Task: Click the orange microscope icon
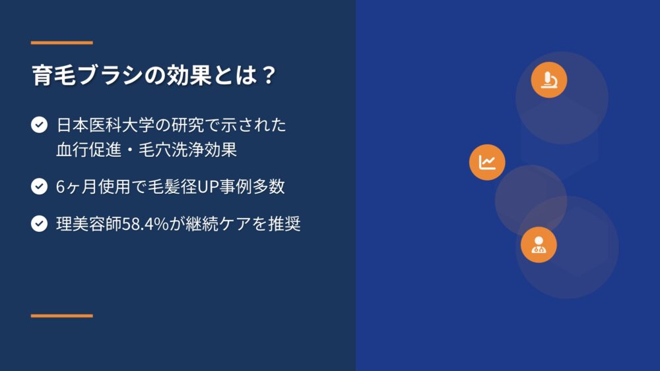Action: click(549, 80)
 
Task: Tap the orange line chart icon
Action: click(487, 162)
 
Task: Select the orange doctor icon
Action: click(539, 244)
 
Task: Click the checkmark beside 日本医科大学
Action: click(39, 125)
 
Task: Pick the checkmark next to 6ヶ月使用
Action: click(39, 186)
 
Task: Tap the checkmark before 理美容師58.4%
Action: click(39, 223)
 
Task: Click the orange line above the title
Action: click(62, 42)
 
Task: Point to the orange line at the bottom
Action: click(62, 316)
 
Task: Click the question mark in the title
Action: click(268, 74)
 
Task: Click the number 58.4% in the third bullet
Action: click(145, 223)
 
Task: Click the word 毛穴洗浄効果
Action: click(187, 149)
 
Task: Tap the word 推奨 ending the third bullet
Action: click(284, 223)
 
